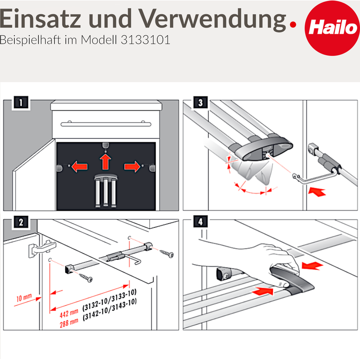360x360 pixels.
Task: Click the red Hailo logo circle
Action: point(331,28)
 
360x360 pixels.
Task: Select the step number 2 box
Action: point(20,222)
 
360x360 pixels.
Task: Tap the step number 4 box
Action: point(200,222)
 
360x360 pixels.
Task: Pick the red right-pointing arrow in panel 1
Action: point(132,167)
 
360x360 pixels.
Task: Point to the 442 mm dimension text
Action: point(67,312)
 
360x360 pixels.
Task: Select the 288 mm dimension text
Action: point(67,323)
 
